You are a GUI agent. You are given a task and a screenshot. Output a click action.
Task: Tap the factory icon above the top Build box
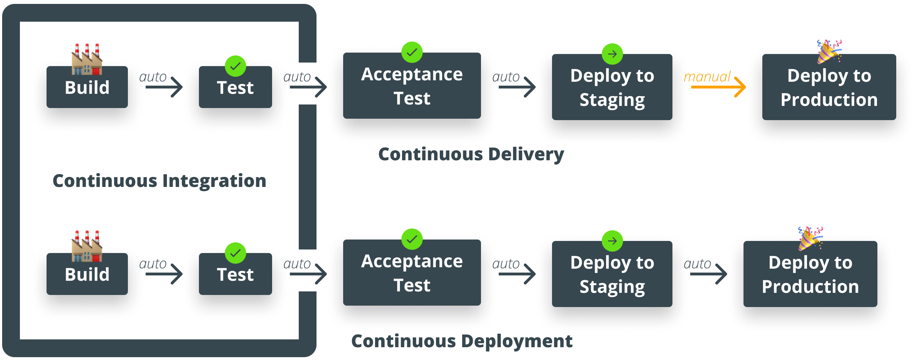click(x=87, y=60)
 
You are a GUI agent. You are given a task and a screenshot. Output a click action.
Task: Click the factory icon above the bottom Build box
click(x=87, y=247)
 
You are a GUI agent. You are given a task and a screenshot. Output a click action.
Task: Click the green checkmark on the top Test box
click(x=235, y=66)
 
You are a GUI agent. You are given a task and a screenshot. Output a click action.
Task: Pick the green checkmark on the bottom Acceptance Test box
click(x=412, y=239)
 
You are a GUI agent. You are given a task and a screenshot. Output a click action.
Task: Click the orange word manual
click(x=707, y=76)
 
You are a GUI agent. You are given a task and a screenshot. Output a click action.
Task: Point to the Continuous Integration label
click(x=159, y=181)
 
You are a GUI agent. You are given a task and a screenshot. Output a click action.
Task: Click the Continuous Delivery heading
click(x=471, y=154)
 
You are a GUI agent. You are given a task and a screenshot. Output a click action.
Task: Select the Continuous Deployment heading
click(x=462, y=341)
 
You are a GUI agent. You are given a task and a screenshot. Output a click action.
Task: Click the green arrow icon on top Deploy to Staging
click(x=612, y=54)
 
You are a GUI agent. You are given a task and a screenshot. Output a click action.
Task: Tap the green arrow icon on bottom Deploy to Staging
click(x=612, y=241)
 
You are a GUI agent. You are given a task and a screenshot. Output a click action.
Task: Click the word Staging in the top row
click(x=612, y=100)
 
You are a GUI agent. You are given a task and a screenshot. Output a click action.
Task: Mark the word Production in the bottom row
click(x=810, y=286)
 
